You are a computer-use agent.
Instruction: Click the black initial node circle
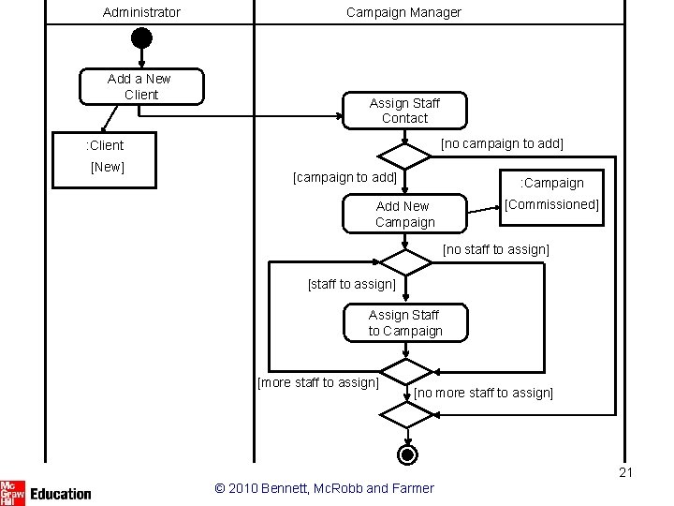[141, 37]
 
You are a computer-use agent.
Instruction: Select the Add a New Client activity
[142, 86]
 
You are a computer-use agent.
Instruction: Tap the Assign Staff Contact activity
[405, 111]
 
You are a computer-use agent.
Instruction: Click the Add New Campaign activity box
[405, 214]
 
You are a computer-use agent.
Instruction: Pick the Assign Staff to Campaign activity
[405, 322]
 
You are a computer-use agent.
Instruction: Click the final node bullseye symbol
[407, 454]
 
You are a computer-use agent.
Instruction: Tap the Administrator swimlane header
[141, 12]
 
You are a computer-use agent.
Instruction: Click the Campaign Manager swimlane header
[403, 12]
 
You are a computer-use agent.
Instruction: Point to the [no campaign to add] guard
[502, 143]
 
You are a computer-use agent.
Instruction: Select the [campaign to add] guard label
[344, 177]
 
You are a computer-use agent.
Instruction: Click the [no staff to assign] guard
[496, 249]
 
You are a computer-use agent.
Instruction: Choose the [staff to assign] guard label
[352, 284]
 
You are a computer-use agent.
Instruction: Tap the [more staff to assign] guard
[318, 382]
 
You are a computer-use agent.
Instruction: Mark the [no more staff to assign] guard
[484, 393]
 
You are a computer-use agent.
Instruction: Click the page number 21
[626, 472]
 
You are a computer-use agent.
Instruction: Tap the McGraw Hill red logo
[12, 493]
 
